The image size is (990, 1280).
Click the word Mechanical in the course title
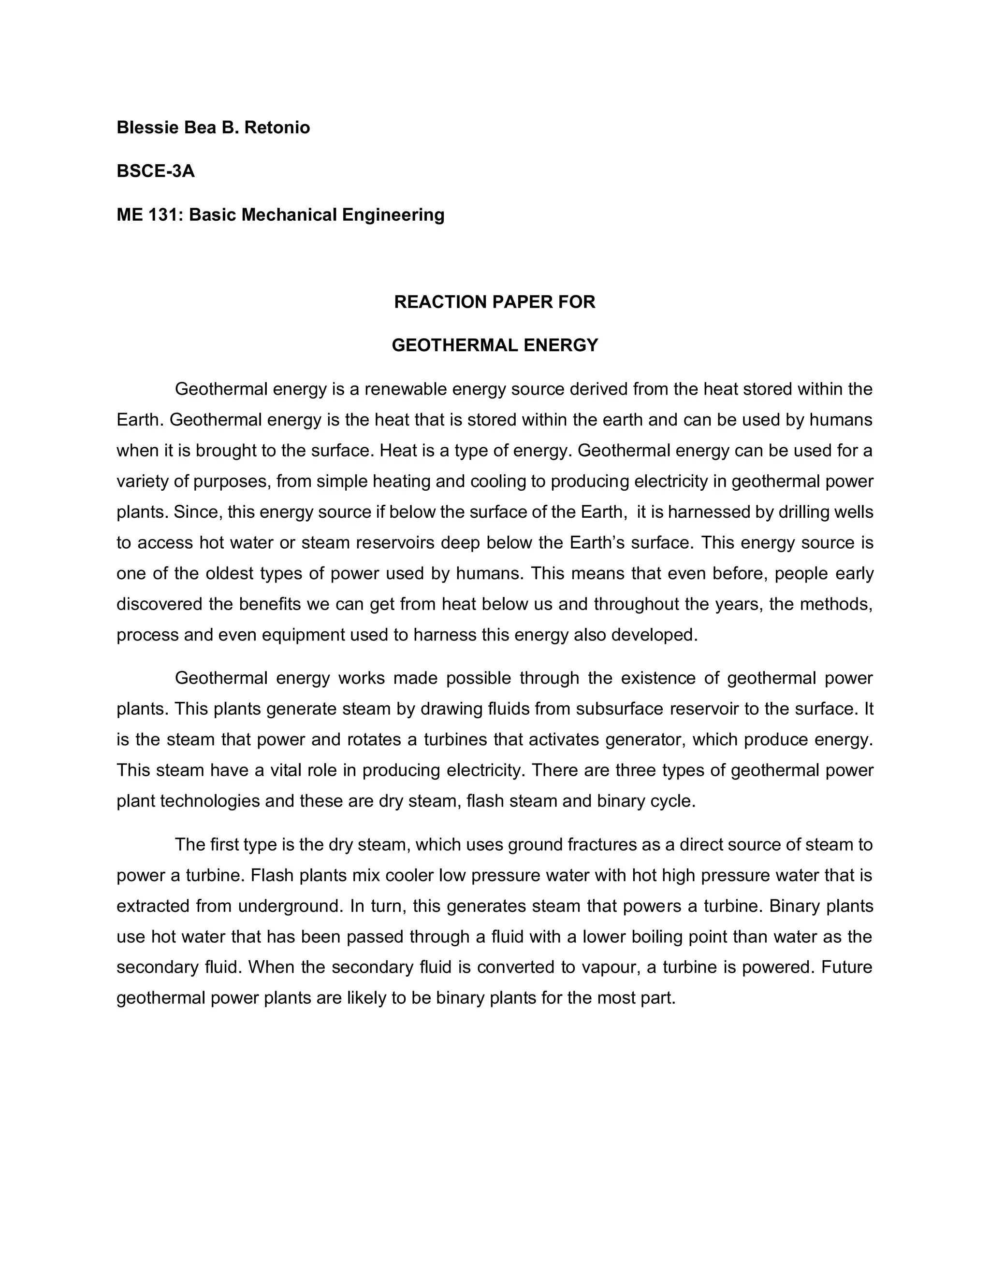pos(289,215)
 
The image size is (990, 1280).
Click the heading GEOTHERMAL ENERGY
pos(495,346)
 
